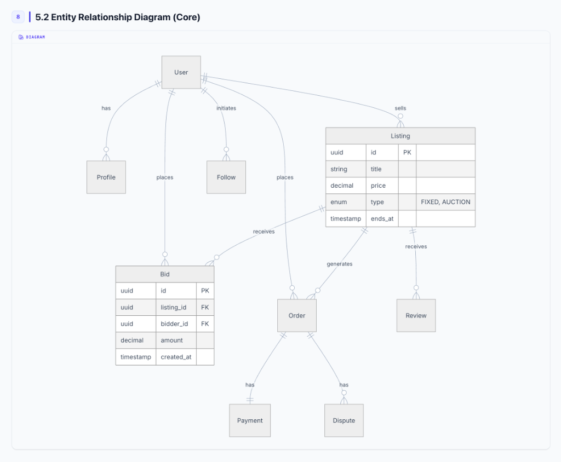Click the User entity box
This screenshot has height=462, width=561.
[181, 72]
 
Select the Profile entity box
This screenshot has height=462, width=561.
[106, 177]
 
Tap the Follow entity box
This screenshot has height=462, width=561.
[226, 177]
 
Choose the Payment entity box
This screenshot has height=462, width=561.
[250, 420]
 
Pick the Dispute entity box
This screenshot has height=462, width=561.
[344, 420]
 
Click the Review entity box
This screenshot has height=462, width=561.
[416, 315]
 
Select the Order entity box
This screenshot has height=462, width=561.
[297, 315]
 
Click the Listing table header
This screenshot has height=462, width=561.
[400, 136]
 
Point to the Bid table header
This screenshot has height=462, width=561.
[164, 274]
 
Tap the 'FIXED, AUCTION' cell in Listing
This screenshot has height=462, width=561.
[445, 202]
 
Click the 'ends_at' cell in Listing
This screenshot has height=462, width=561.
[382, 218]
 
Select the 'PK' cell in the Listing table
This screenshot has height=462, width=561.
[407, 153]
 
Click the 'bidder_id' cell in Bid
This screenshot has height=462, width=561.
[174, 324]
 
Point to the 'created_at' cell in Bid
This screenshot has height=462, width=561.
[176, 357]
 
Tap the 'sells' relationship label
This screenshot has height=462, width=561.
[400, 108]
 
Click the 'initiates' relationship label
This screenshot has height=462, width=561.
[226, 108]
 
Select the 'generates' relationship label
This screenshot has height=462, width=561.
[340, 264]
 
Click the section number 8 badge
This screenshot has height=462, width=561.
[18, 17]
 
